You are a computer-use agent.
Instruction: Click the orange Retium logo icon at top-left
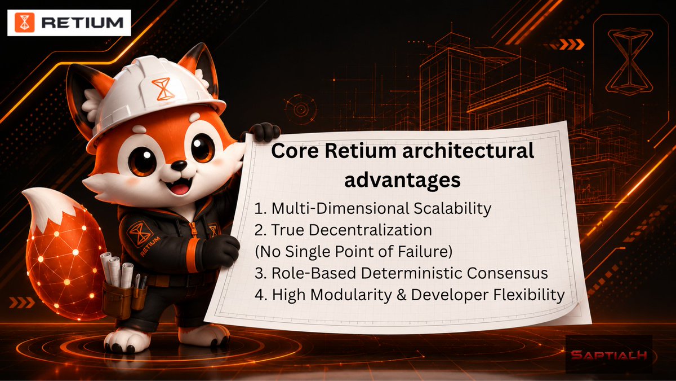[x=24, y=23]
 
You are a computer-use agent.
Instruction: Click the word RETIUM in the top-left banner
[x=82, y=23]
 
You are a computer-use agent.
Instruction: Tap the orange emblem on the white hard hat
[x=163, y=89]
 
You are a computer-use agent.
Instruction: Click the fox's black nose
[x=179, y=165]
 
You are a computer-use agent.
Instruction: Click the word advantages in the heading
[x=402, y=181]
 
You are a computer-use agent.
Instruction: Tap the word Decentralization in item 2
[x=370, y=230]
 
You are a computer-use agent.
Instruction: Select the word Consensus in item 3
[x=508, y=273]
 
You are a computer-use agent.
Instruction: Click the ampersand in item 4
[x=402, y=295]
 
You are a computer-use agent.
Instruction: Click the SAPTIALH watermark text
[x=610, y=355]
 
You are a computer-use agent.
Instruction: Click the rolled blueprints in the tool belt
[x=117, y=270]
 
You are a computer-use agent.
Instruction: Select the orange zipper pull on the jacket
[x=192, y=229]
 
